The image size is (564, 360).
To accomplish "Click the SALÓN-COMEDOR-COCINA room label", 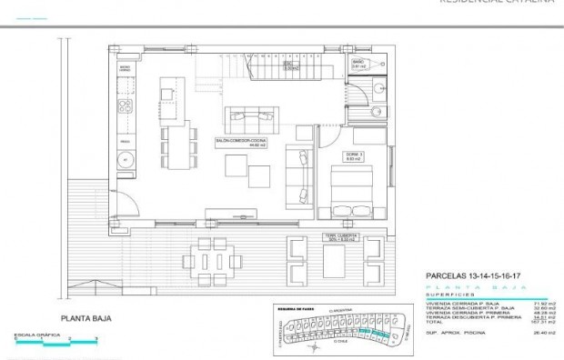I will coord(240,141).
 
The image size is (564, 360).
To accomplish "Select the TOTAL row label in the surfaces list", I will coord(435,320).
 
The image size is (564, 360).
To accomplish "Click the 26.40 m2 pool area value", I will coord(513,333).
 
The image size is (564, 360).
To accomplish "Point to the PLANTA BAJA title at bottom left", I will coord(86,318).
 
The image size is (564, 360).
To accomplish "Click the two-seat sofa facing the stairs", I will coord(249,115).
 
